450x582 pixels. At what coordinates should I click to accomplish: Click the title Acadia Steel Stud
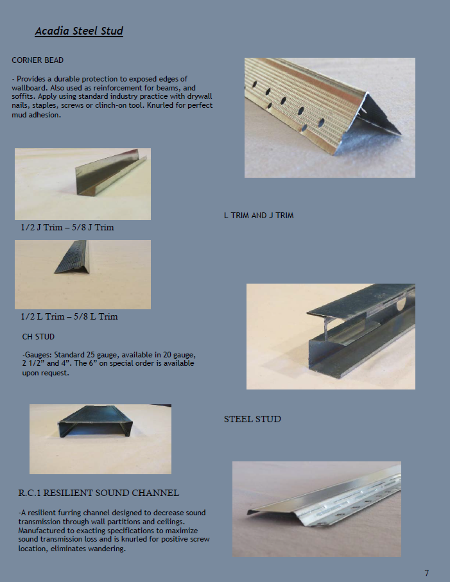[79, 31]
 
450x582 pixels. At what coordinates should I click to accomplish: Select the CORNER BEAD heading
[37, 60]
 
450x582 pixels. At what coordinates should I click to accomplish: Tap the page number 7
[427, 573]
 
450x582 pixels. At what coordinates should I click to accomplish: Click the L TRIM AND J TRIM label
[259, 216]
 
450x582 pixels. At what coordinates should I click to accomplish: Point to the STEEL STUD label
[252, 419]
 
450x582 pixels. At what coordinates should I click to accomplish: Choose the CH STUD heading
[39, 337]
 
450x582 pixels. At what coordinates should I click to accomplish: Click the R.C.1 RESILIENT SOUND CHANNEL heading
[99, 493]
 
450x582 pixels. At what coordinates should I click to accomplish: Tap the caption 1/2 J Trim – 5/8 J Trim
[67, 227]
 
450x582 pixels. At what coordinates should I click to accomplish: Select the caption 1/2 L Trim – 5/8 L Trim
[69, 316]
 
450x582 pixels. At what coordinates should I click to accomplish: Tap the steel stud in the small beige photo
[96, 421]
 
